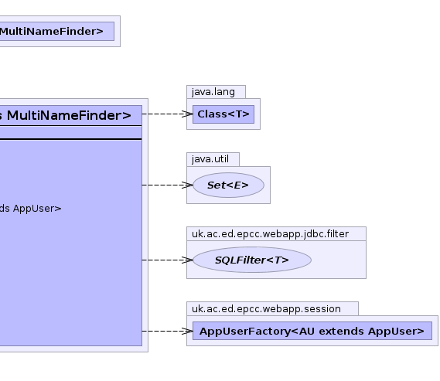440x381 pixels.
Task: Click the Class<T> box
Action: click(x=223, y=114)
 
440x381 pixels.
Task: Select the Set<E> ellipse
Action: click(x=228, y=185)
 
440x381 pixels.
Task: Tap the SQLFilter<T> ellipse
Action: click(x=252, y=260)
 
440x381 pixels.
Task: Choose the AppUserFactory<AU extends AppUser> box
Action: click(x=312, y=331)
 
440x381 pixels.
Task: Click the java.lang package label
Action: click(x=213, y=92)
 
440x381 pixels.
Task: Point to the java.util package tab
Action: click(x=213, y=159)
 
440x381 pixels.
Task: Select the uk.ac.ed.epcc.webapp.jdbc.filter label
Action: click(x=270, y=234)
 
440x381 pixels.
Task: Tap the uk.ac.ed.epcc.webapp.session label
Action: click(x=266, y=308)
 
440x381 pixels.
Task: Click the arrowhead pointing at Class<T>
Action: click(x=187, y=114)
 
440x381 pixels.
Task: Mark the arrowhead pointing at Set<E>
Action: click(x=187, y=185)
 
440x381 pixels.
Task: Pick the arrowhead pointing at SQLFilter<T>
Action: click(x=187, y=260)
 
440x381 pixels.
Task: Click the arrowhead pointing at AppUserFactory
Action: click(x=187, y=331)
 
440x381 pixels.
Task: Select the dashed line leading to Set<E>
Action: click(x=168, y=185)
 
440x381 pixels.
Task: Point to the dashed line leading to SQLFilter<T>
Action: click(x=168, y=260)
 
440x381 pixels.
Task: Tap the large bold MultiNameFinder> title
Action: click(x=69, y=115)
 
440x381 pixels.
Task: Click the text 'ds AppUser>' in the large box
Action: click(x=30, y=209)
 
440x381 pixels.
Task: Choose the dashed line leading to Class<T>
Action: click(x=168, y=114)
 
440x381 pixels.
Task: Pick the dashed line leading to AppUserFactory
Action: click(x=168, y=331)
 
